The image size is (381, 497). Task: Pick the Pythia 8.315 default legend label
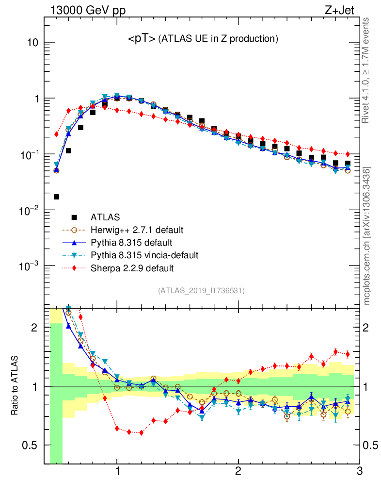coord(131,242)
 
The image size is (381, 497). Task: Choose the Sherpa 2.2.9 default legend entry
coord(132,267)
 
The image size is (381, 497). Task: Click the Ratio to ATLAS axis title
coord(15,386)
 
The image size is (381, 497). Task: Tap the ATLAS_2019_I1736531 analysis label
coord(201,291)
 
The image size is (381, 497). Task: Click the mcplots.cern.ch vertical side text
coord(367,235)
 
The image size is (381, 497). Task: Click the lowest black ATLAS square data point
coord(56,197)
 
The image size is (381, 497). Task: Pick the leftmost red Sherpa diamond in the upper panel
coord(56,134)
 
